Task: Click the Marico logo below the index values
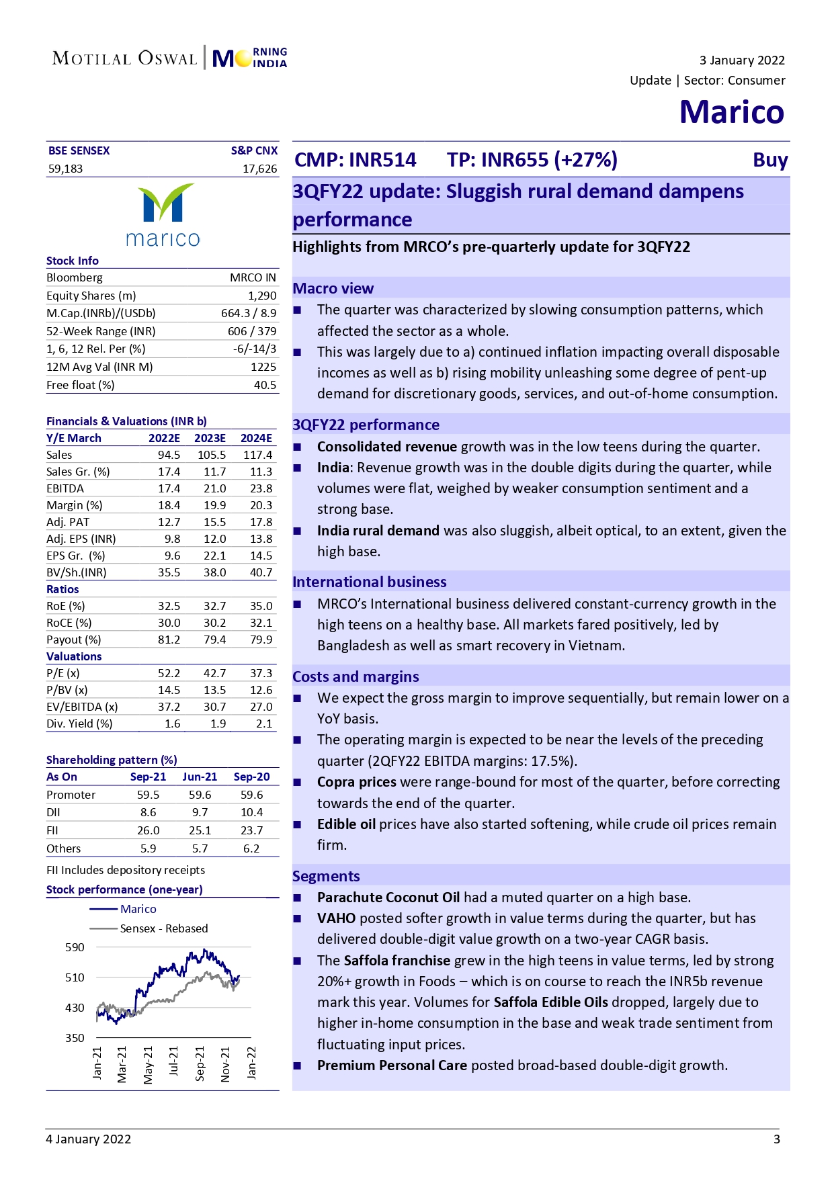(163, 215)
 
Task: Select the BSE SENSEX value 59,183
(65, 169)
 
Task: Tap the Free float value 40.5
(265, 385)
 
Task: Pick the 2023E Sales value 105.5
(212, 455)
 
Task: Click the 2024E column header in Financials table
(256, 438)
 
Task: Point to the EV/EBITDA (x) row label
(82, 707)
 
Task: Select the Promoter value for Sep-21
(148, 795)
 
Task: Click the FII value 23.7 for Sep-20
(251, 830)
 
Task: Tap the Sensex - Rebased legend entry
(163, 928)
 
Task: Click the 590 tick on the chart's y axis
(75, 947)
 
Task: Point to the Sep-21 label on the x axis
(200, 1063)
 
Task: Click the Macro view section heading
(333, 288)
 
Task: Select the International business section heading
(369, 582)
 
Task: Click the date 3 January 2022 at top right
(741, 60)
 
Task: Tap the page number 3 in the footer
(776, 1139)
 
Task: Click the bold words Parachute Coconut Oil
(388, 898)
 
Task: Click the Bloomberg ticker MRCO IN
(253, 277)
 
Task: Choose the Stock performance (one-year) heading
(124, 889)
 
